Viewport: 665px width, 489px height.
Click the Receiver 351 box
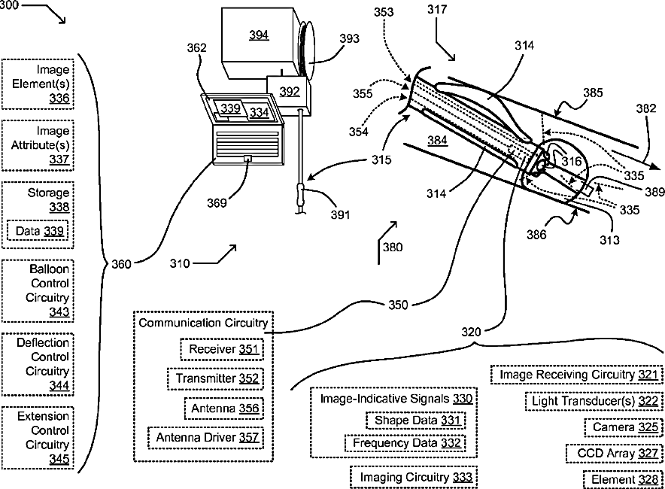222,349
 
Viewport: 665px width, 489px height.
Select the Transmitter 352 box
215,378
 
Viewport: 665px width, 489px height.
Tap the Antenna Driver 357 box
205,438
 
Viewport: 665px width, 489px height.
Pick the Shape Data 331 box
415,421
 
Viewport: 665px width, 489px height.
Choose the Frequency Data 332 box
405,443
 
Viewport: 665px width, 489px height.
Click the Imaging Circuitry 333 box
414,477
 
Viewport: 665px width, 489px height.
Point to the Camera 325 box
624,427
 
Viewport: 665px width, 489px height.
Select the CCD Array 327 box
614,454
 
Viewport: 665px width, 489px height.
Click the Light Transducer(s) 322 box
594,401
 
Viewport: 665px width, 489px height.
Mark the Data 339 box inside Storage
38,231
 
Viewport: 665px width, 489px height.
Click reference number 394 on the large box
259,35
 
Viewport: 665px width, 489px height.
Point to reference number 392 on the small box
290,92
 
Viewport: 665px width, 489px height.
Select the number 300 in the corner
9,5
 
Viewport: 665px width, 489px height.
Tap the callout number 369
217,203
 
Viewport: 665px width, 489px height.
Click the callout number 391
340,215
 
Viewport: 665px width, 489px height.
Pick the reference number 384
437,140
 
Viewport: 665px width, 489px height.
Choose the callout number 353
384,12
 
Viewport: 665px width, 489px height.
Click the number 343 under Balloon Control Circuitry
59,311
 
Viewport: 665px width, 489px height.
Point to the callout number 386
536,235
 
